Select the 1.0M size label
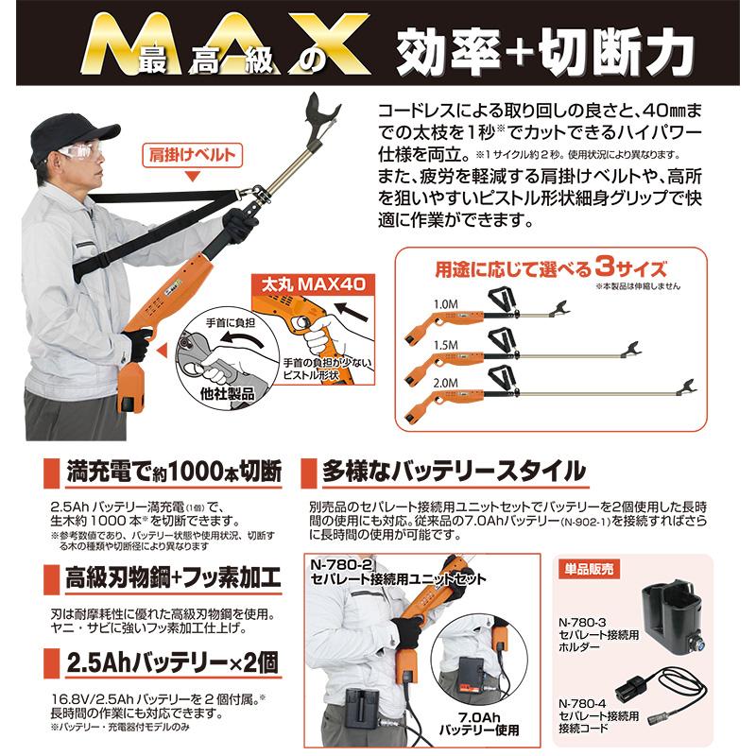coord(444,303)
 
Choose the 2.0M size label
coord(444,383)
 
